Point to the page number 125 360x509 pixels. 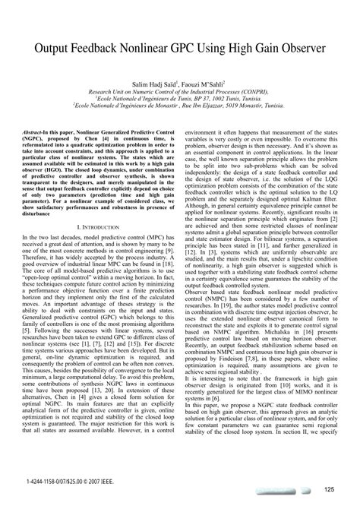(x=328, y=489)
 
